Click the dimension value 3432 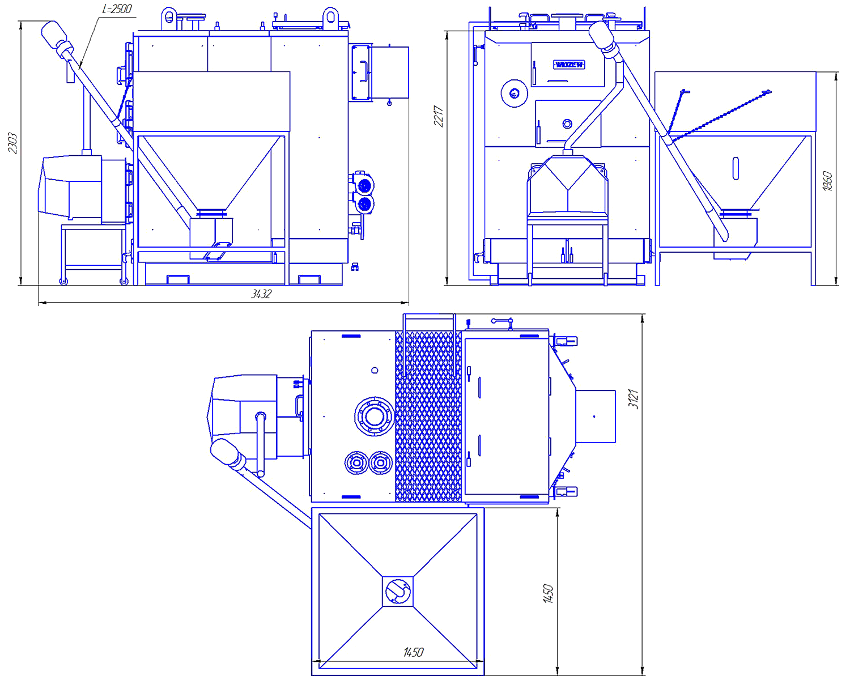point(261,294)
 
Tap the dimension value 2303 point(12,143)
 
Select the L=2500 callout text point(117,8)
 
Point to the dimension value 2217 point(439,116)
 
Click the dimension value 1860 point(827,181)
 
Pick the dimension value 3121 point(633,399)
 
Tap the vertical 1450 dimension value point(548,594)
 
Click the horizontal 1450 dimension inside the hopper point(414,652)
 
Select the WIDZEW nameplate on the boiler point(569,65)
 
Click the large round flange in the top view point(374,416)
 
